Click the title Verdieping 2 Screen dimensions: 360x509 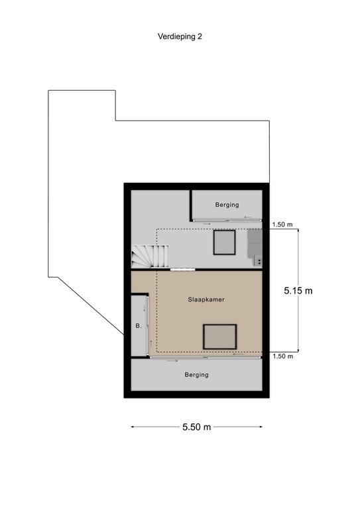click(x=180, y=36)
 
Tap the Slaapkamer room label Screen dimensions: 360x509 click(x=206, y=300)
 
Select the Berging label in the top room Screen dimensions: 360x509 click(x=227, y=205)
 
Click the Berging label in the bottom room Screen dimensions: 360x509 click(x=196, y=375)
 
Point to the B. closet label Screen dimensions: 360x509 click(x=139, y=326)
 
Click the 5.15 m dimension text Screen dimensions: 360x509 click(x=298, y=290)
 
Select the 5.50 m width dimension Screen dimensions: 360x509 click(x=196, y=427)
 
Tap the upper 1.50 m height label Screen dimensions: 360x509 click(x=282, y=224)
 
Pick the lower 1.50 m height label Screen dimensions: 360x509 click(x=282, y=357)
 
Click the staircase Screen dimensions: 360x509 click(x=150, y=256)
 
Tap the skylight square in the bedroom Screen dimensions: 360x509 click(x=219, y=337)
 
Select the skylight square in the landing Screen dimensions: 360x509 click(x=224, y=242)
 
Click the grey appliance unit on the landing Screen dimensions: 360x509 click(x=255, y=248)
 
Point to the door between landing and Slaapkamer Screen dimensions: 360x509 click(x=183, y=270)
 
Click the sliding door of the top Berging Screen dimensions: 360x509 click(x=227, y=221)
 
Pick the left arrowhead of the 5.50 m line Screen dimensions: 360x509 click(x=133, y=427)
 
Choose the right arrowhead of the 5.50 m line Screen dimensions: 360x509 click(x=261, y=427)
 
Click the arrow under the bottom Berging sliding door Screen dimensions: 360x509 click(x=172, y=361)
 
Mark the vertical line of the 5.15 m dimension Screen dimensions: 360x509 click(x=298, y=290)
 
